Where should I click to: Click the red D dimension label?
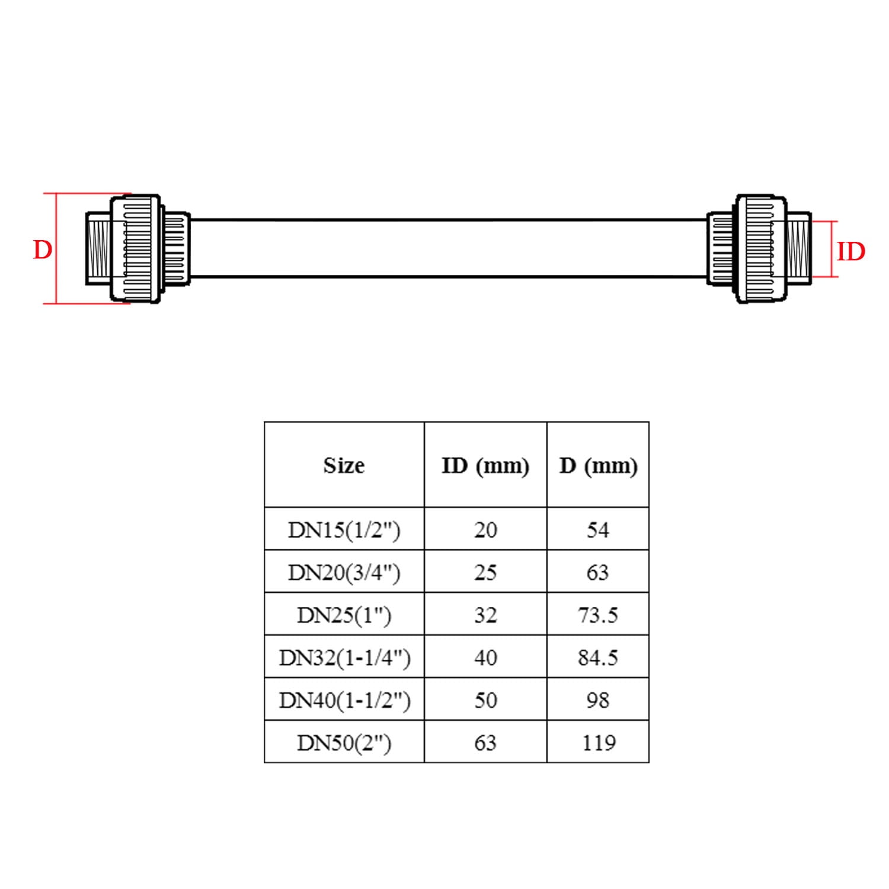click(x=42, y=250)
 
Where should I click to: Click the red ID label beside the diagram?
click(x=850, y=252)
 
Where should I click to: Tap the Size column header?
click(x=344, y=466)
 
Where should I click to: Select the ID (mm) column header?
click(x=485, y=466)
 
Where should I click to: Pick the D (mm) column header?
click(x=598, y=466)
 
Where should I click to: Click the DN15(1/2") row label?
click(x=344, y=529)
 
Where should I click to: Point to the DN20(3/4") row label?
click(x=344, y=573)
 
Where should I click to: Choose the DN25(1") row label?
click(x=344, y=615)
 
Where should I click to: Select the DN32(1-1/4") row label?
click(x=344, y=658)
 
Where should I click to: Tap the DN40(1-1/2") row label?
click(x=344, y=701)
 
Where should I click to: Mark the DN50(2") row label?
click(x=344, y=743)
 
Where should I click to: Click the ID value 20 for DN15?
click(x=485, y=530)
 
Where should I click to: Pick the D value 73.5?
click(x=598, y=615)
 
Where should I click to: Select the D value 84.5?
click(x=598, y=658)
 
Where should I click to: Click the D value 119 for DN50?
click(x=599, y=743)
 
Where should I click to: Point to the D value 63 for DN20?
click(x=597, y=573)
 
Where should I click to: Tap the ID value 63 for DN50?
click(x=485, y=743)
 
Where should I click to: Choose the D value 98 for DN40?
click(x=597, y=701)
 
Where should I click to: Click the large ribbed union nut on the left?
click(x=136, y=249)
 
